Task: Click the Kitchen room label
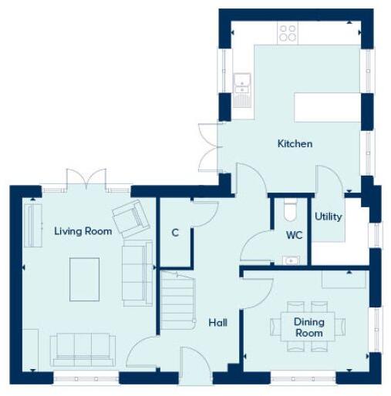click(295, 143)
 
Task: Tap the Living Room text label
click(83, 230)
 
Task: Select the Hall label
click(218, 323)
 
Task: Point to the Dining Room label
click(308, 327)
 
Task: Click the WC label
click(294, 234)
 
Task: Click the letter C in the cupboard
click(175, 232)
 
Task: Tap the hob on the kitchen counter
click(288, 32)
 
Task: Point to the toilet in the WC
click(290, 210)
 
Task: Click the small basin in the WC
click(291, 260)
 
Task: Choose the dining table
click(308, 327)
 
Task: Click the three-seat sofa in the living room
click(82, 349)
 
